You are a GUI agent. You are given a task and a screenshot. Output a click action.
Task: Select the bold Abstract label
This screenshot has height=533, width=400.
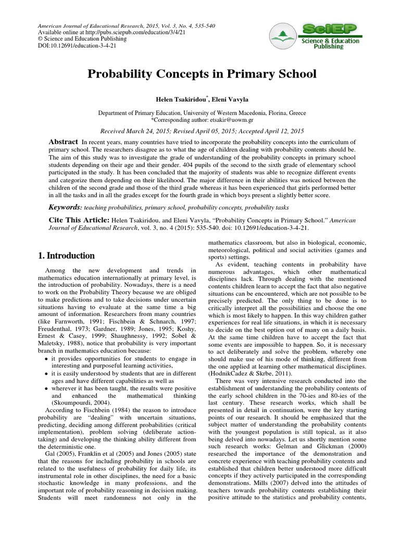[x=63, y=142]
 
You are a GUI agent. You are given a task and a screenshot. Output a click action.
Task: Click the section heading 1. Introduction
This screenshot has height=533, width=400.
[x=67, y=256]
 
